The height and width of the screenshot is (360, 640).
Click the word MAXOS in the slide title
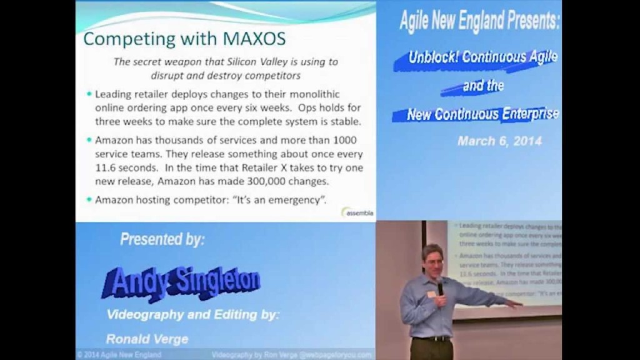pos(254,39)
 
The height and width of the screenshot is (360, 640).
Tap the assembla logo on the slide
pos(359,212)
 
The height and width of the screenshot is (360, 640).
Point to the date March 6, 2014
pos(499,141)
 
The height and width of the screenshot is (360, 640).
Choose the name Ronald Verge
pos(147,339)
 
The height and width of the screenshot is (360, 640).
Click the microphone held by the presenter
pos(440,287)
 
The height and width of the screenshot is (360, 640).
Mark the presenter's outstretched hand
pos(514,304)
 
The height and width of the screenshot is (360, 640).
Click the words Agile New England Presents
pos(479,22)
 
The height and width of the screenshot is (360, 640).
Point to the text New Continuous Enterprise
pos(483,114)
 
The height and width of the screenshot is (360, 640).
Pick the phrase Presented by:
pos(162,239)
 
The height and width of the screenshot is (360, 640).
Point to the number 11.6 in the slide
pos(107,169)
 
